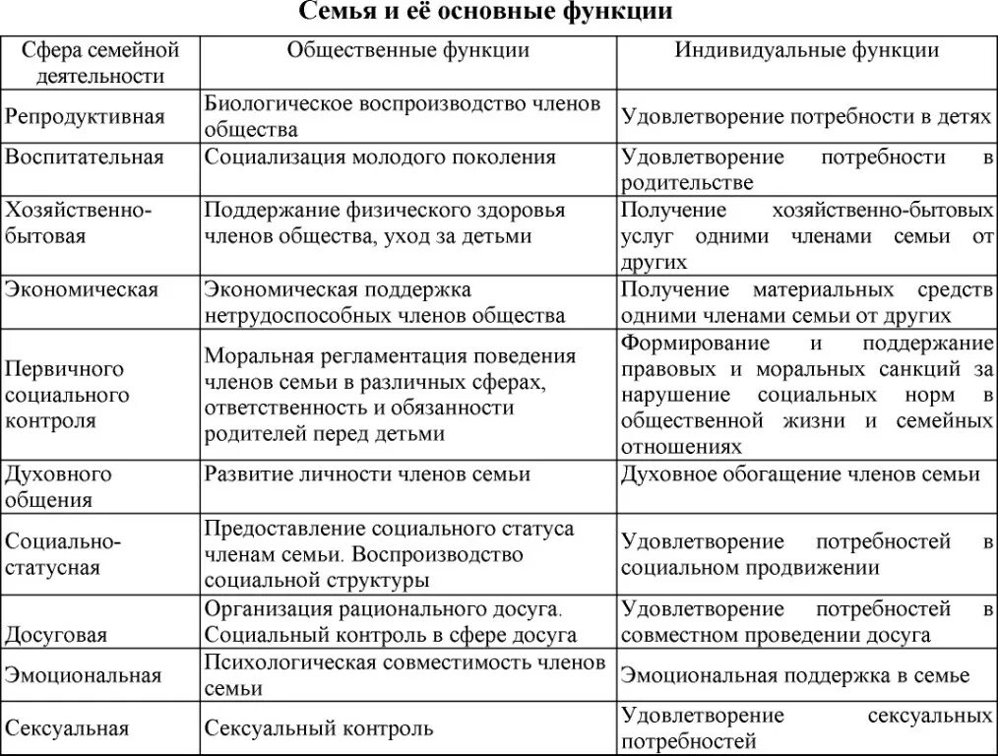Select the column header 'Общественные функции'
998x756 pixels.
[407, 50]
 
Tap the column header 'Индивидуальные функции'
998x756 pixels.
[806, 50]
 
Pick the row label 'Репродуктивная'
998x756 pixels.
[85, 116]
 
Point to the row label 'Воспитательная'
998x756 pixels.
[85, 157]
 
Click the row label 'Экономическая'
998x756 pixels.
[83, 289]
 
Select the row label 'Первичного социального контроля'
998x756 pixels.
[67, 395]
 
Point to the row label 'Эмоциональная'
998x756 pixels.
[83, 675]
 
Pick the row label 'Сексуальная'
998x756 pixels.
[68, 729]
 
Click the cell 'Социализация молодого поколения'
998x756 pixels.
[380, 157]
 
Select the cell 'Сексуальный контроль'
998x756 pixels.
[319, 729]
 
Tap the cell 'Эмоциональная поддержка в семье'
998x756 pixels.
[794, 675]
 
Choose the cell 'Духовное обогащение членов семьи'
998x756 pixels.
[800, 474]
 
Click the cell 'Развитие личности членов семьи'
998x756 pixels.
[367, 474]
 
